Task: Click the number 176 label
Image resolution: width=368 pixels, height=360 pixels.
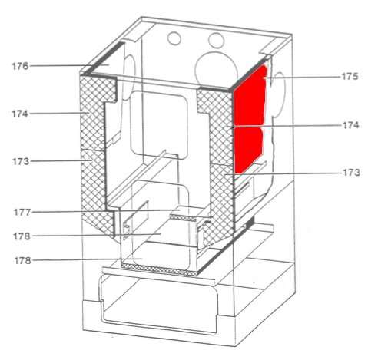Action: tap(20, 66)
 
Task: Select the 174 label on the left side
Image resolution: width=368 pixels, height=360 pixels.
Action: tap(20, 114)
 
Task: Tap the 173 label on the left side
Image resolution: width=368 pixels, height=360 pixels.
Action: tap(21, 162)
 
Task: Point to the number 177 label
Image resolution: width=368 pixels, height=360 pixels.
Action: tap(22, 212)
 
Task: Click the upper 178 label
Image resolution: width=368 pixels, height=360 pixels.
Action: tap(22, 236)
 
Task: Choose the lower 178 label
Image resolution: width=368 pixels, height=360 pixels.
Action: tap(22, 261)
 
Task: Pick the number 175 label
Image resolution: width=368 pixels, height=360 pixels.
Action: tap(350, 76)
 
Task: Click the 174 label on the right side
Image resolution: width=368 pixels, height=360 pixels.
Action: tap(351, 125)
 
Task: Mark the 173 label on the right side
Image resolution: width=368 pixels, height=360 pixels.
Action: tap(351, 173)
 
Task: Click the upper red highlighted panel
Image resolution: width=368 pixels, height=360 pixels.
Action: tap(250, 97)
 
